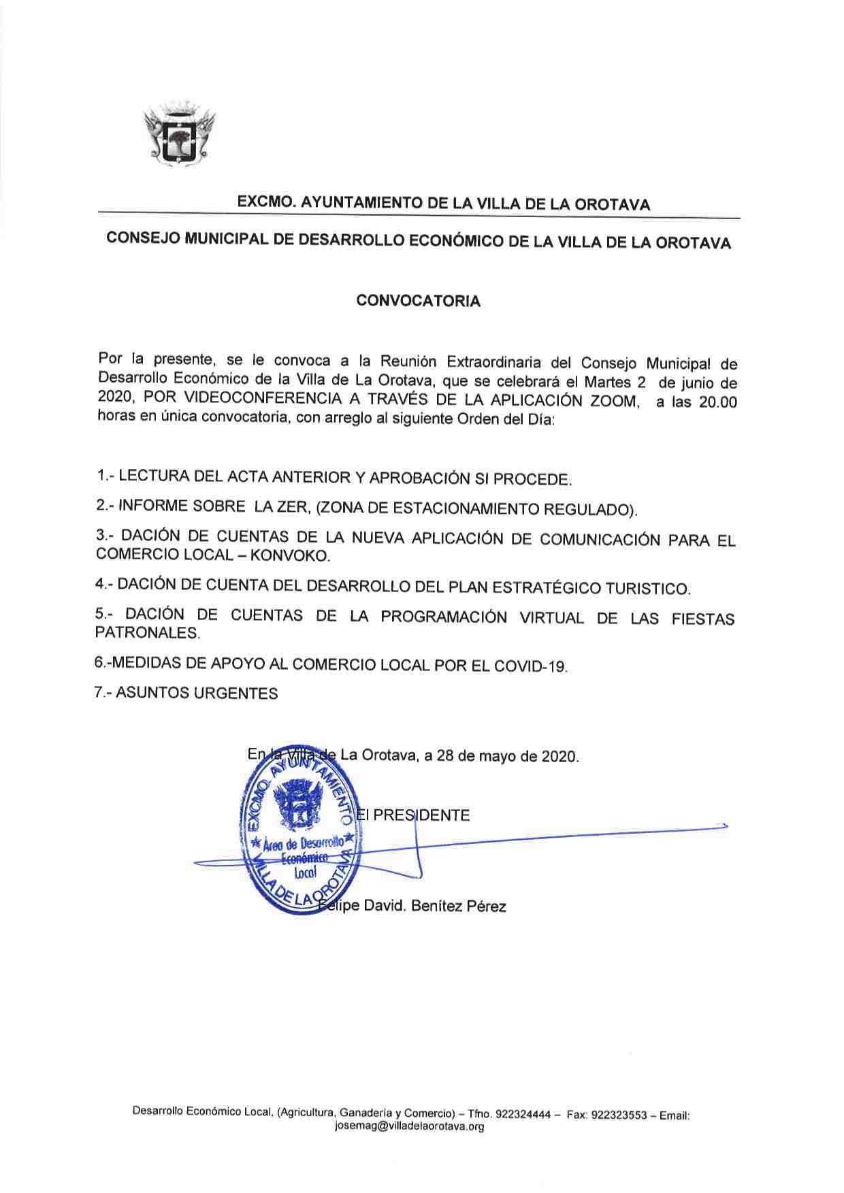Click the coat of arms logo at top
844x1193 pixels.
click(x=178, y=135)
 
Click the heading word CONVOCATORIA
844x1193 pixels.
click(x=419, y=301)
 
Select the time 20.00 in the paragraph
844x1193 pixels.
click(x=718, y=402)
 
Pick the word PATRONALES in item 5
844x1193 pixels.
click(x=147, y=633)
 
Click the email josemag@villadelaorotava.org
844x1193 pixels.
click(x=409, y=1126)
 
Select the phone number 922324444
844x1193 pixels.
click(x=523, y=1115)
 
